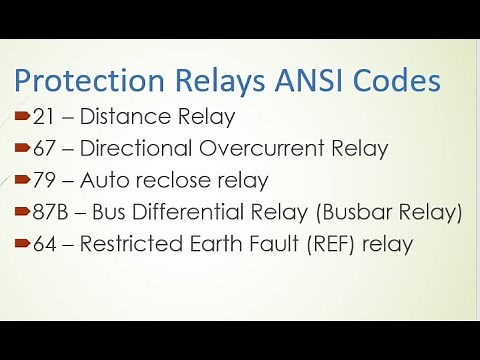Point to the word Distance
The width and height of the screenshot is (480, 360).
(x=120, y=117)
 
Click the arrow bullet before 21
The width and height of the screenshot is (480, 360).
(x=22, y=118)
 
